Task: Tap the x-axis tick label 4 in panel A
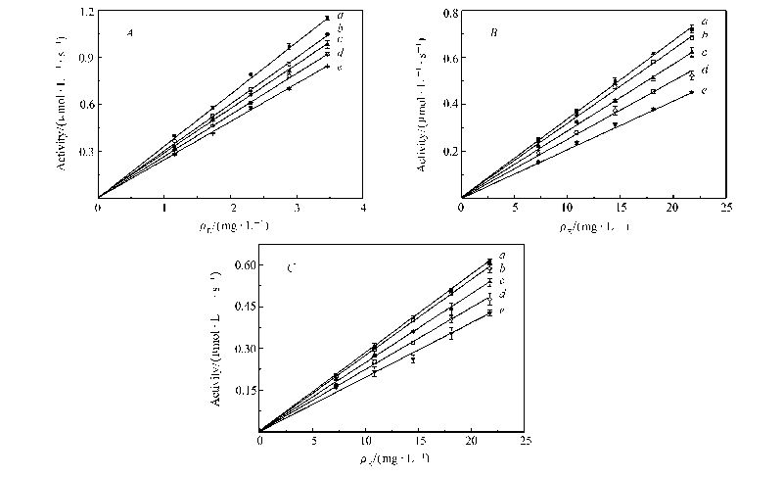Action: click(363, 209)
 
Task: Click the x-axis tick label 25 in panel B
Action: click(726, 209)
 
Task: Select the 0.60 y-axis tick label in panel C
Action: click(242, 265)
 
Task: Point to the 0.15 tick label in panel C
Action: click(242, 390)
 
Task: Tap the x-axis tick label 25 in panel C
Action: click(526, 442)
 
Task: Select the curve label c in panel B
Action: click(704, 51)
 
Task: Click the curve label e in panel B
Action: click(704, 90)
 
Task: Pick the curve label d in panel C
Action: click(501, 294)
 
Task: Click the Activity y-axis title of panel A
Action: click(62, 108)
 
